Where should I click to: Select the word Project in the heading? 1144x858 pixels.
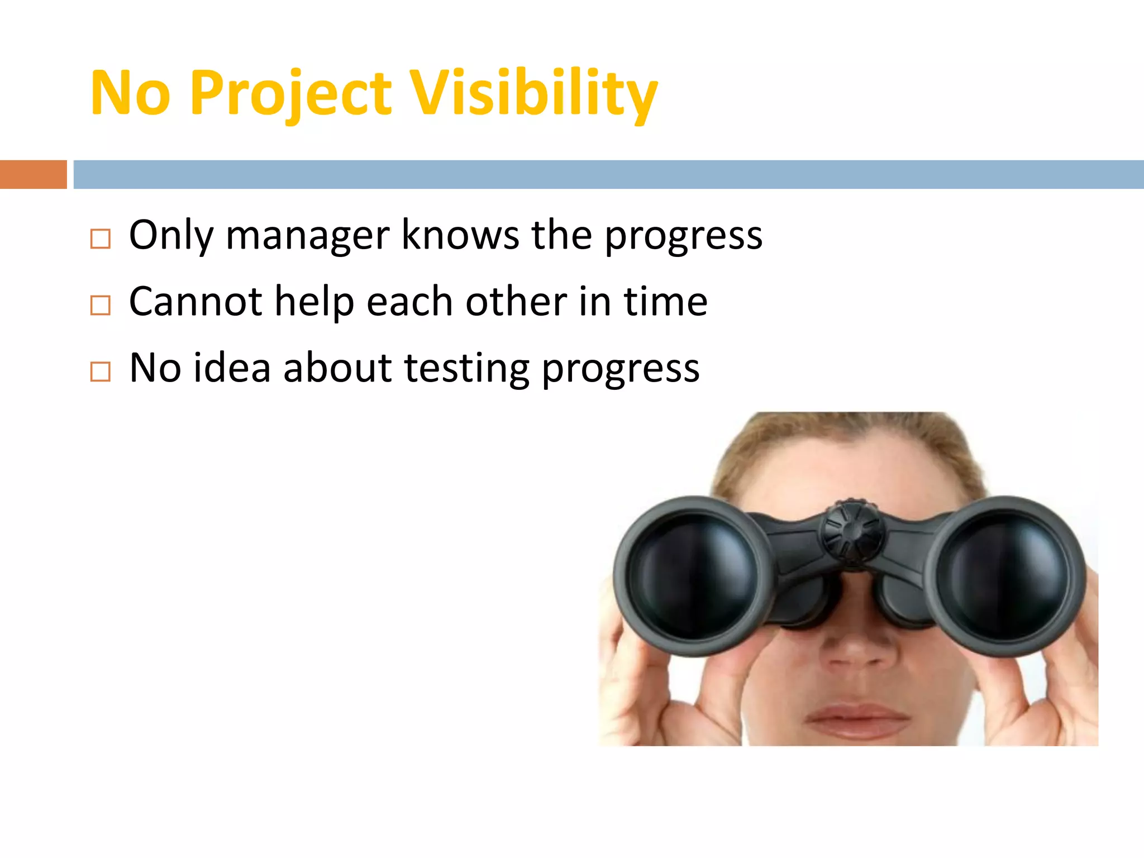(290, 93)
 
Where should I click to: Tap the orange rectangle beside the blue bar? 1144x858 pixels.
(33, 174)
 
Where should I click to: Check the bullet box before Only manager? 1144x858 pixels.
(101, 239)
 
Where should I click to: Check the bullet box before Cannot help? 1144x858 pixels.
(101, 306)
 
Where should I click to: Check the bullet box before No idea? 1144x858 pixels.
(101, 371)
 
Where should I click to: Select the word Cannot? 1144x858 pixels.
(196, 302)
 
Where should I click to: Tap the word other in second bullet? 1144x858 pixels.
(516, 302)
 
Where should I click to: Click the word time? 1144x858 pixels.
(665, 302)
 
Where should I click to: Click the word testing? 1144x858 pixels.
(466, 369)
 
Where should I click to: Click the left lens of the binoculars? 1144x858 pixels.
(693, 575)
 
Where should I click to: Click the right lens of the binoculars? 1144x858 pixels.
(1005, 575)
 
